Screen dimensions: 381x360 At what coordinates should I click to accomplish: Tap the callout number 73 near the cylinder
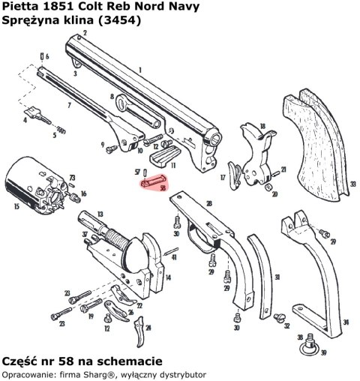[x=73, y=178]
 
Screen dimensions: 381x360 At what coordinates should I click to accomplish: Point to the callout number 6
[x=47, y=56]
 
